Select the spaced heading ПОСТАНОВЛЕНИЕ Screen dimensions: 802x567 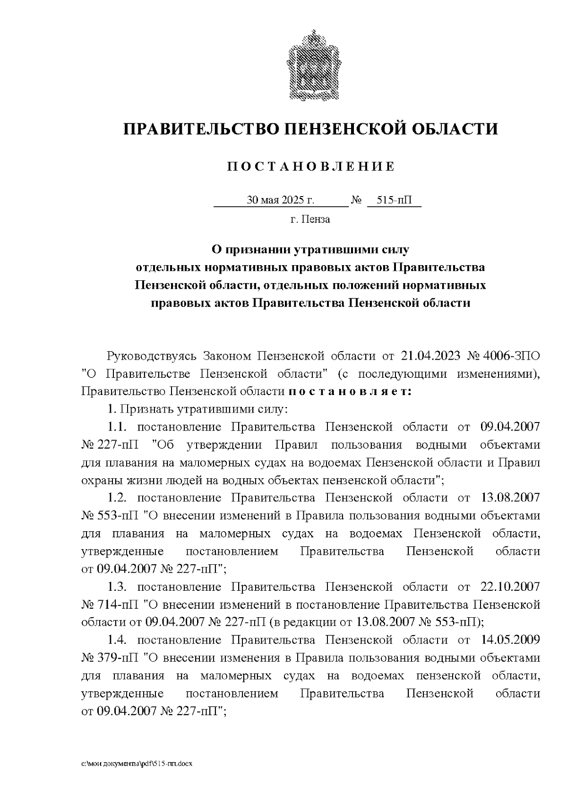[310, 167]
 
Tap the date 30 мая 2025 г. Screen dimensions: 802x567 [280, 200]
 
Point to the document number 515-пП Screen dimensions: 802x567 [394, 200]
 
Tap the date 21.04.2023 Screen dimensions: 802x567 [431, 355]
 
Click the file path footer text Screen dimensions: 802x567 [137, 763]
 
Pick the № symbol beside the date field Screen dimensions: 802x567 [356, 200]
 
